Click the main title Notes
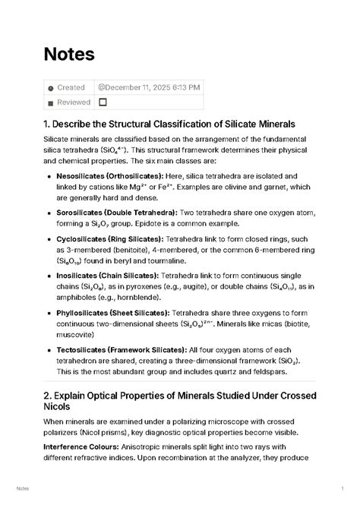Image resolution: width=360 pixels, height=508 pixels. (69, 55)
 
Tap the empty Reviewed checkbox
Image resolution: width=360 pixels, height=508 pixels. (103, 103)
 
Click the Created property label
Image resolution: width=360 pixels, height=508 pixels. (71, 87)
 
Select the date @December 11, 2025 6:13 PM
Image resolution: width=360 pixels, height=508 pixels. (149, 87)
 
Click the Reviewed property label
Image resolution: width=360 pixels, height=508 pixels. (74, 103)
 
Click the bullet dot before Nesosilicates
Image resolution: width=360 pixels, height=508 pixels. (49, 176)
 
